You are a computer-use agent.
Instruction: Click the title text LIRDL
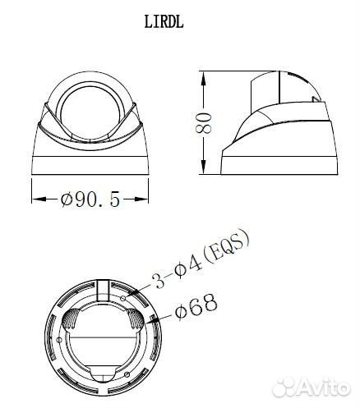164,22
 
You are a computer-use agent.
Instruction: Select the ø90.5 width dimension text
90,199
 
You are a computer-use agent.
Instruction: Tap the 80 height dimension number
204,122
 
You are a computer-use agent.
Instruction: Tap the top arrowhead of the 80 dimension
204,78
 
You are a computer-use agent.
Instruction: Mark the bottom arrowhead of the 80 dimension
204,167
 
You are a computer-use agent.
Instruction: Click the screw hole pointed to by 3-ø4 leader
123,298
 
